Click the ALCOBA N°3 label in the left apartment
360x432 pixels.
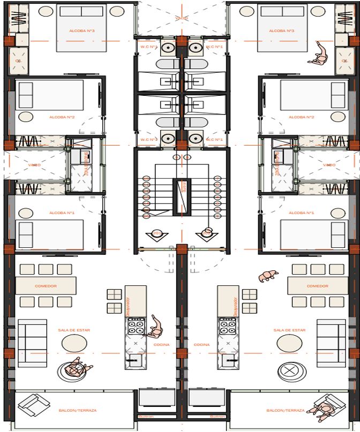pyautogui.click(x=82, y=31)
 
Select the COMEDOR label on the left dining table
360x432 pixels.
pyautogui.click(x=46, y=286)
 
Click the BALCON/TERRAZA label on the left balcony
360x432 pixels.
pyautogui.click(x=78, y=411)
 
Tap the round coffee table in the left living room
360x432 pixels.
pyautogui.click(x=74, y=342)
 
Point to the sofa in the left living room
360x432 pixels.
pyautogui.click(x=32, y=343)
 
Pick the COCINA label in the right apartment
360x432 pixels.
pyautogui.click(x=202, y=345)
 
